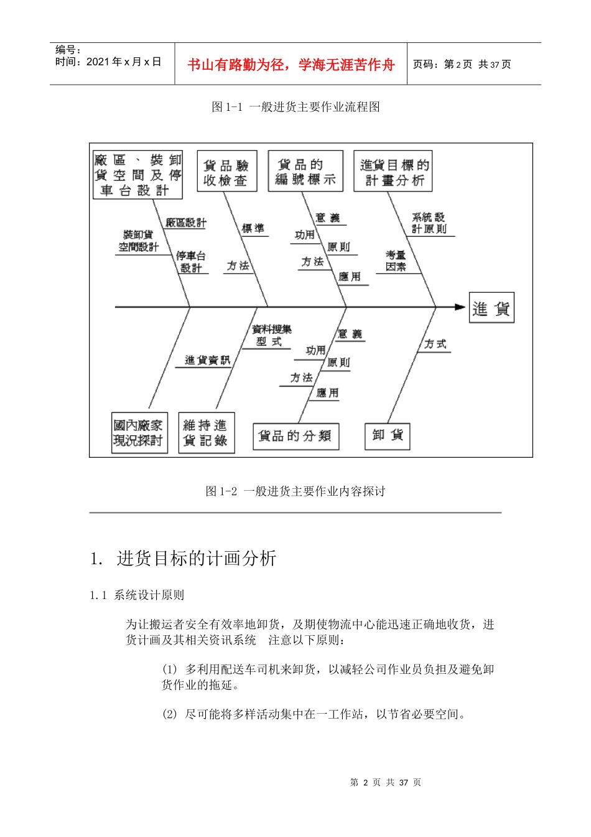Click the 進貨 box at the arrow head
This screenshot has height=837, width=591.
point(491,308)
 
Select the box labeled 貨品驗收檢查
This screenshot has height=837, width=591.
point(226,172)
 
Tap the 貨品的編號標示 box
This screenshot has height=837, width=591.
point(305,171)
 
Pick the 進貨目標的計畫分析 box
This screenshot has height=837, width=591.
point(393,172)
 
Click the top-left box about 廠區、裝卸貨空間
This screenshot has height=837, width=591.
point(137,175)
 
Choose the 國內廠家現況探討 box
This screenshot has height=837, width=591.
point(139,433)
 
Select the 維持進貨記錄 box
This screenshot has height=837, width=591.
point(206,433)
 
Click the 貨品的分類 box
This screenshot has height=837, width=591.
point(295,436)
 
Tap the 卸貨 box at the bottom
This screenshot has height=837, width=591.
point(388,435)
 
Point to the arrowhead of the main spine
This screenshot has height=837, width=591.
point(460,307)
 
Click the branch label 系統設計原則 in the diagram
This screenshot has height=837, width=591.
point(429,223)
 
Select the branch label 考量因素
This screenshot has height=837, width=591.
point(396,261)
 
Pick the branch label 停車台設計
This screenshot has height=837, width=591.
point(190,262)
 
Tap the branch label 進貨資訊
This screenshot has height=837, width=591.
point(207,360)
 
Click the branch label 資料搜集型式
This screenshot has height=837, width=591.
point(271,335)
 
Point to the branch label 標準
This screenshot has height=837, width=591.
point(253,229)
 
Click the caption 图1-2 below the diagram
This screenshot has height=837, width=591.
point(295,491)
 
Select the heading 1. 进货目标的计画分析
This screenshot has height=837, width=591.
point(184,558)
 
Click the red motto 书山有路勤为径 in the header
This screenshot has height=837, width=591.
point(291,64)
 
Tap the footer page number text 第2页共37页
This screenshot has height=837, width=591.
point(386,782)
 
